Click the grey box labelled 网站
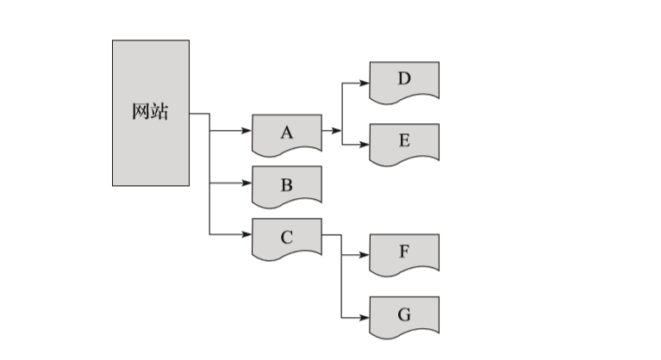pos(151,146)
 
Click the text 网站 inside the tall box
pos(151,112)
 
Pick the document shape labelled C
pos(287,238)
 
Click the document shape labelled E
pos(404,140)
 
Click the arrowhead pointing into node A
pos(247,132)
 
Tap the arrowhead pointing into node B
pos(247,183)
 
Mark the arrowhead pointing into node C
pos(247,233)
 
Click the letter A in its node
pos(287,132)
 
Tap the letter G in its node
pos(404,314)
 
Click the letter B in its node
pos(287,184)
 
